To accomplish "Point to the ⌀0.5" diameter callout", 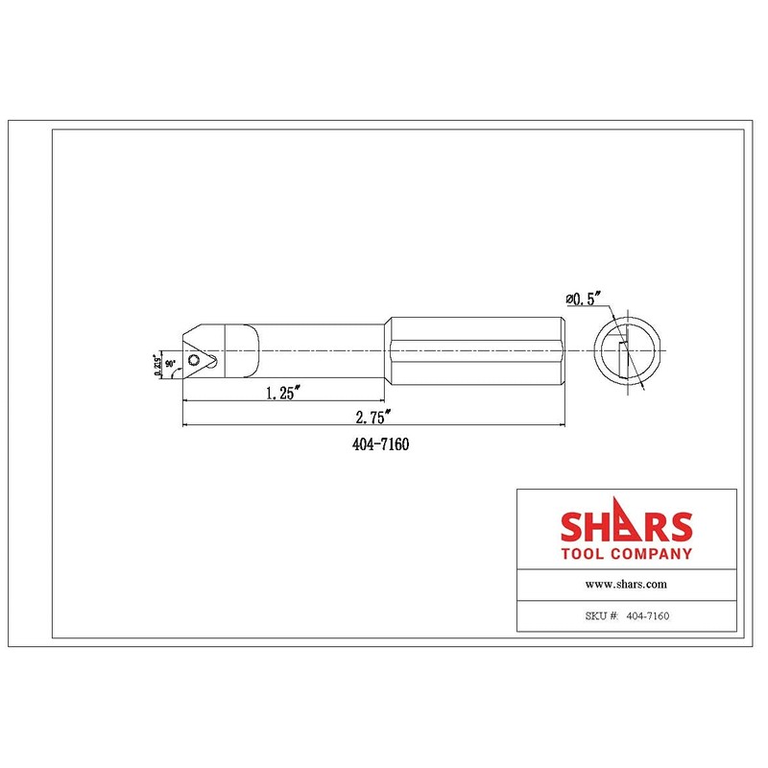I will coord(587,300).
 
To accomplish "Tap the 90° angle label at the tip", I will coord(171,365).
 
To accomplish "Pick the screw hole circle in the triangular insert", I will coord(195,361).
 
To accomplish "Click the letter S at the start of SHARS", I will coord(574,528).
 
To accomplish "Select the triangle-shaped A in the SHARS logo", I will coord(626,526).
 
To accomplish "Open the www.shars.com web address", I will coord(626,584).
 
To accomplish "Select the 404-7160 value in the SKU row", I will coord(647,616).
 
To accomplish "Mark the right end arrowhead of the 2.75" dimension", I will coord(563,424).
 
